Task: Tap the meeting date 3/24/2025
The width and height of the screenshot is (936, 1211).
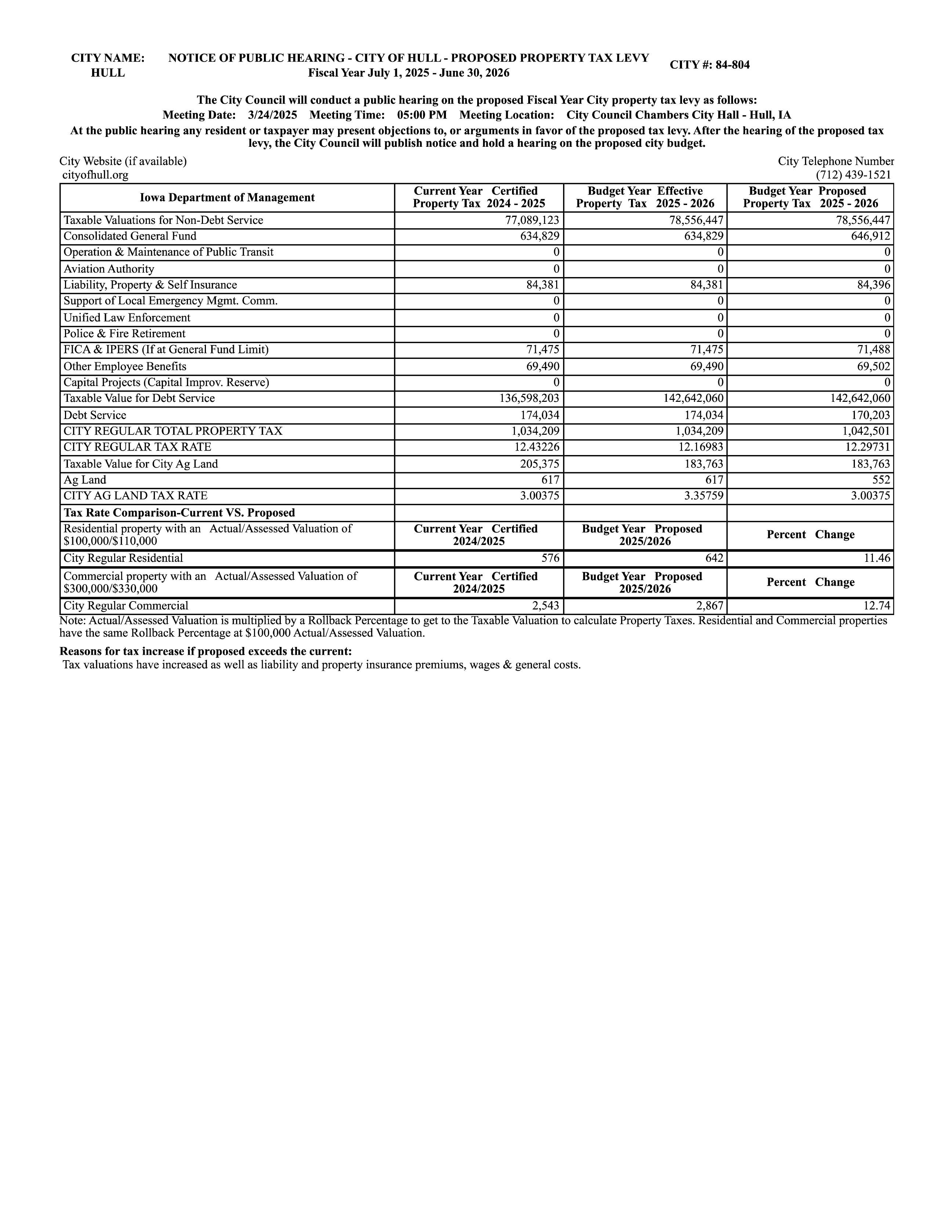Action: point(272,115)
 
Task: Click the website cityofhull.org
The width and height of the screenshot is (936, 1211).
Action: point(95,175)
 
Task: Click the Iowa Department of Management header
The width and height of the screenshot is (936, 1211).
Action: point(227,197)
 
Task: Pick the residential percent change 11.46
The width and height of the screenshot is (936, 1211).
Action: point(877,558)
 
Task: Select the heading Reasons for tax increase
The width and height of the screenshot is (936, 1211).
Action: point(205,651)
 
